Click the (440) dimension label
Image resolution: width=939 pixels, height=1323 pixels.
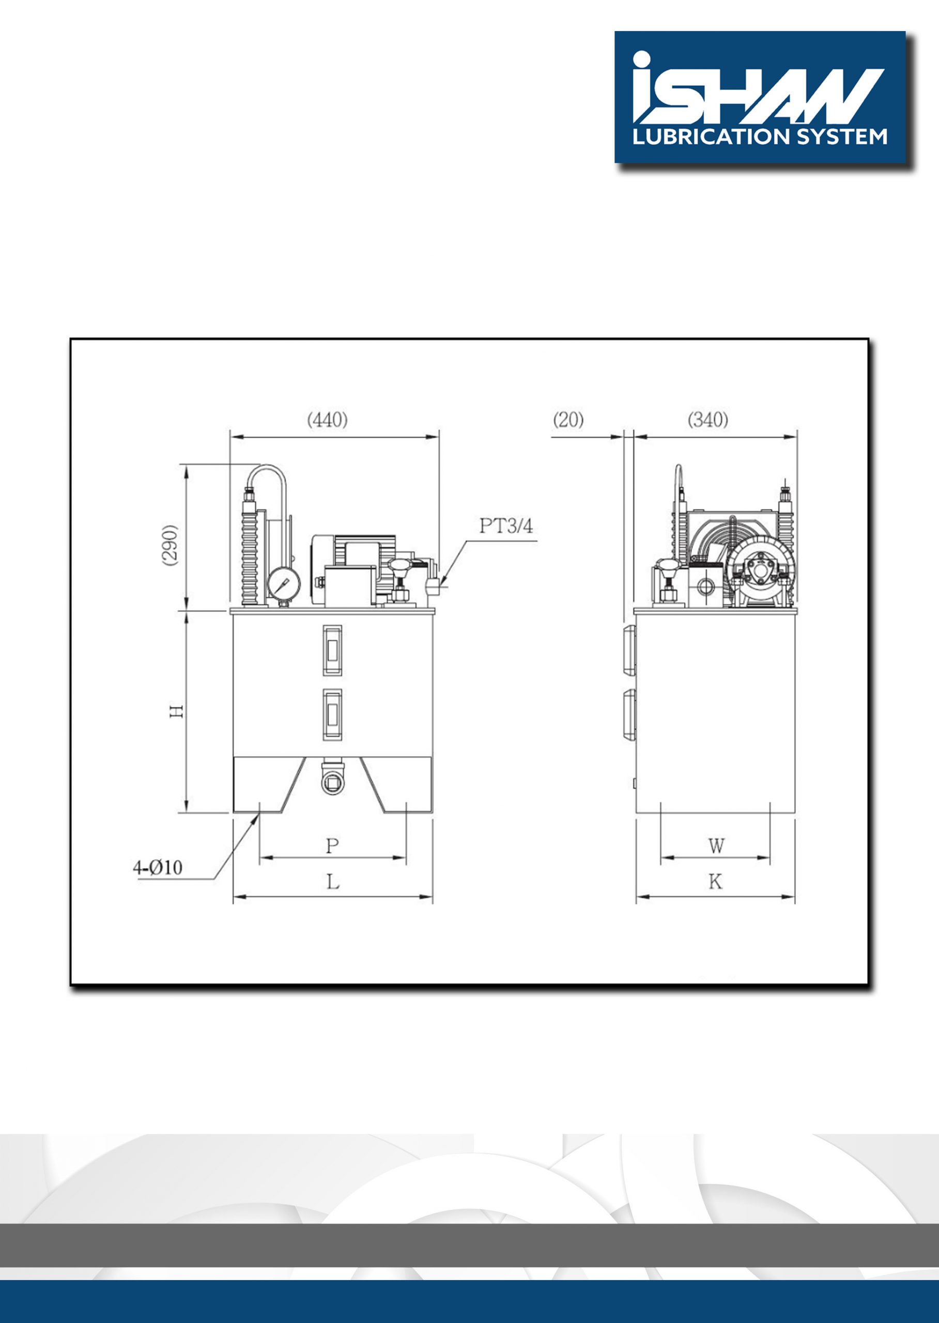[x=327, y=420]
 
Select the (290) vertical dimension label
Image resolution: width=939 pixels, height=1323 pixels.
[x=171, y=546]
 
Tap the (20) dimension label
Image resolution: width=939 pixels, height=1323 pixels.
[x=568, y=420]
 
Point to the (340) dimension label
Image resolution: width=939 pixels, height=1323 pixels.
[x=707, y=420]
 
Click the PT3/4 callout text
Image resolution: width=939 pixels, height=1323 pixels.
[x=506, y=526]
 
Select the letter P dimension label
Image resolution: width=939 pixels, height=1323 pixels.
[x=332, y=846]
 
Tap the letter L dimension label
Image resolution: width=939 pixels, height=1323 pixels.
[x=333, y=882]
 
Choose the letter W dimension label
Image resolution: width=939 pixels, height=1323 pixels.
[x=716, y=846]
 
